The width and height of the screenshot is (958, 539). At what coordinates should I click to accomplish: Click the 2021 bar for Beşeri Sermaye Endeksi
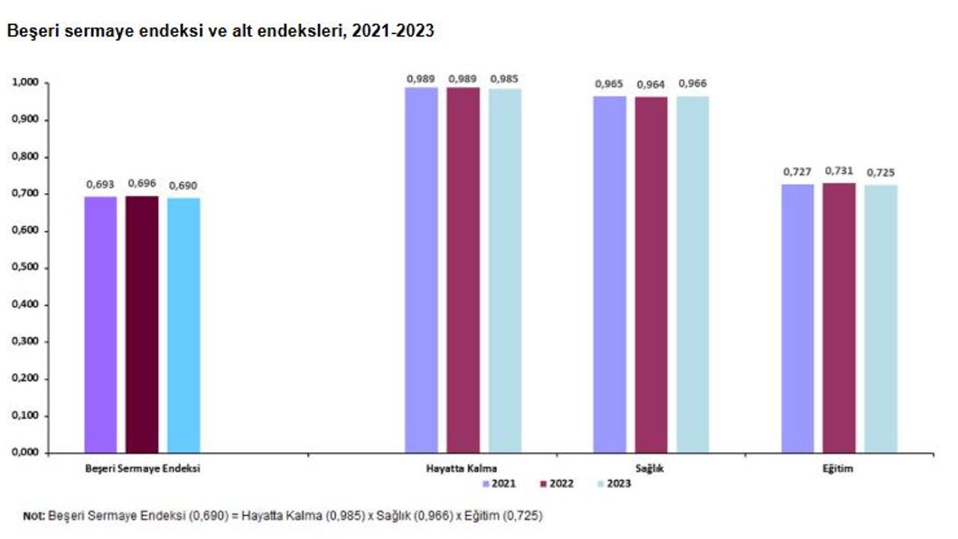click(x=100, y=325)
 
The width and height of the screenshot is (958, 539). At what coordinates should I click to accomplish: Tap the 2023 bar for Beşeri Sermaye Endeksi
click(x=183, y=326)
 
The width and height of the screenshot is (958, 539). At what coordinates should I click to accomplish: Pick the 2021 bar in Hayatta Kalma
click(x=421, y=269)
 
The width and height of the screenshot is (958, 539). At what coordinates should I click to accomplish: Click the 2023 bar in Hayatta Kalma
click(x=505, y=270)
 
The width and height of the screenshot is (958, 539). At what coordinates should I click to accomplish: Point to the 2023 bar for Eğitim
click(x=881, y=318)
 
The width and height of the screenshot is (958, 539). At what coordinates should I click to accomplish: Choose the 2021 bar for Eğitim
click(x=798, y=318)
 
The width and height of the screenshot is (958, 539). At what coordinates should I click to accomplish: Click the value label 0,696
click(x=141, y=183)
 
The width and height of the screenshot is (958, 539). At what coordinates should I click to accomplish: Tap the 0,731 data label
click(x=839, y=171)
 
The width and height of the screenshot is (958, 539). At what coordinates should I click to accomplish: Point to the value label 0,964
click(x=650, y=85)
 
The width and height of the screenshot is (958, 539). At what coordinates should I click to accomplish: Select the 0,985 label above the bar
click(x=504, y=78)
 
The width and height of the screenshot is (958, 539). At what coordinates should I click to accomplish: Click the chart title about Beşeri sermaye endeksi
click(x=221, y=32)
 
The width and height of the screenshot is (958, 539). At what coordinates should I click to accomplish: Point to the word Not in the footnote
click(x=34, y=516)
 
